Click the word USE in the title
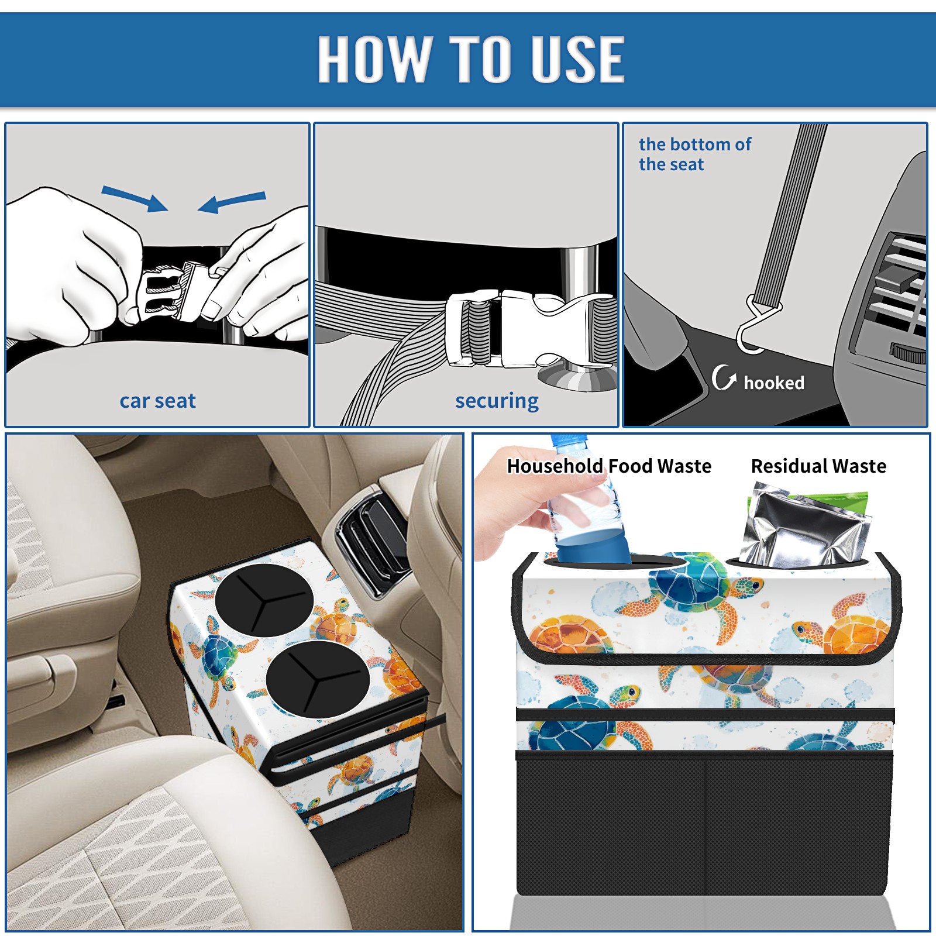pyautogui.click(x=577, y=58)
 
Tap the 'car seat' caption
pyautogui.click(x=157, y=401)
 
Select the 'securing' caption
pyautogui.click(x=497, y=401)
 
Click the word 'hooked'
pyautogui.click(x=774, y=383)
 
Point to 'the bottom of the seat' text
pyautogui.click(x=694, y=154)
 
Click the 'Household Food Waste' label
pyautogui.click(x=609, y=466)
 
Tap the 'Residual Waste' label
pyautogui.click(x=818, y=466)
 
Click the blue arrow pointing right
pyautogui.click(x=135, y=198)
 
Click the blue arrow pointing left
pyautogui.click(x=232, y=202)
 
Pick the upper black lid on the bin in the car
pyautogui.click(x=264, y=600)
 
